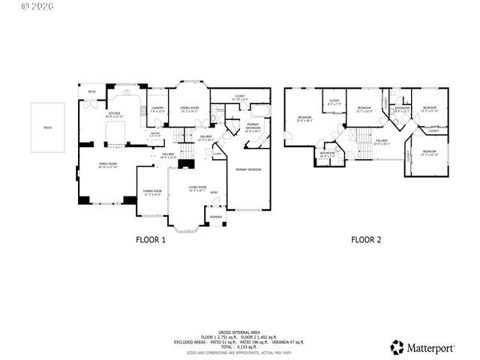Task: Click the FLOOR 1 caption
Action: (x=150, y=240)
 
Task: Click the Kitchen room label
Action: (x=113, y=115)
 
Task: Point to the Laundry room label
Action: (x=157, y=109)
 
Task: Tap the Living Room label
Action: (x=197, y=187)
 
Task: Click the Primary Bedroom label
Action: (x=248, y=170)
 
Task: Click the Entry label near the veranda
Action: (x=214, y=193)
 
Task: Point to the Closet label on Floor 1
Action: (x=240, y=97)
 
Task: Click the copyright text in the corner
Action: (x=14, y=5)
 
